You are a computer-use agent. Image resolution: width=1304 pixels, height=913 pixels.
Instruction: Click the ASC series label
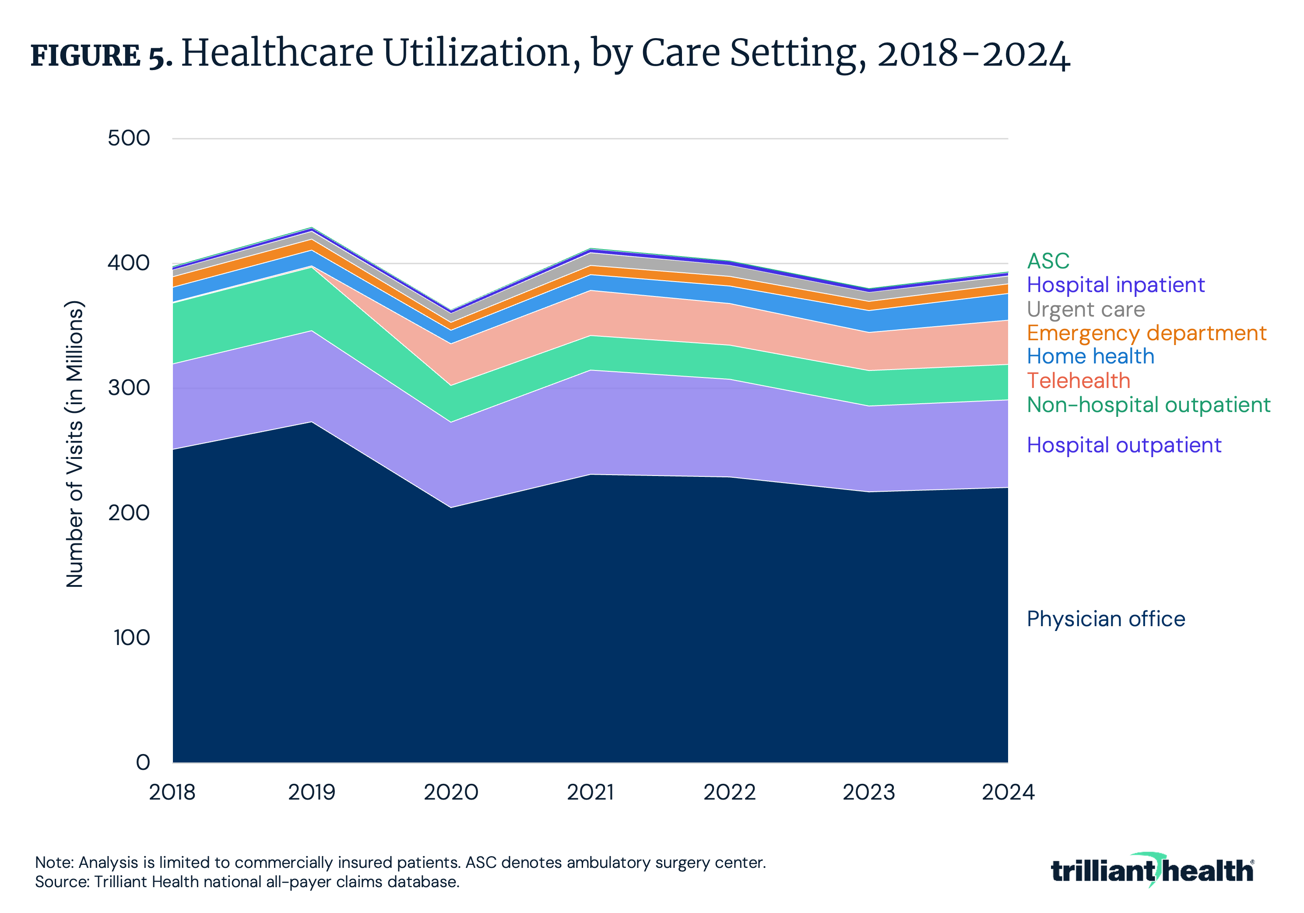coord(1048,261)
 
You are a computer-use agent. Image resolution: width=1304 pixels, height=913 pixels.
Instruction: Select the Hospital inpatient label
coord(1115,285)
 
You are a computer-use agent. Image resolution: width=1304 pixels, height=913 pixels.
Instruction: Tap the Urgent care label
coord(1085,310)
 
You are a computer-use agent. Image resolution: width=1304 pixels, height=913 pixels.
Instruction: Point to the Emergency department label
coord(1146,334)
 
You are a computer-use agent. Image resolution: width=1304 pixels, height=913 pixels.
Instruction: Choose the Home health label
coord(1090,357)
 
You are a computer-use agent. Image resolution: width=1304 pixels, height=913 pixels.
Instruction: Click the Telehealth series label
coord(1079,381)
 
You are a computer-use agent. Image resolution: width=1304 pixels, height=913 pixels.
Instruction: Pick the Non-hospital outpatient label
coord(1148,405)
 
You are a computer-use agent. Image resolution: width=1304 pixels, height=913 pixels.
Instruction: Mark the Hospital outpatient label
coord(1123,445)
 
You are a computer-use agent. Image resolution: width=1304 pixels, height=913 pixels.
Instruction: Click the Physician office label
coord(1106,619)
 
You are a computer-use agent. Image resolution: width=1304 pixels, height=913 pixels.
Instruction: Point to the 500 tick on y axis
coord(129,138)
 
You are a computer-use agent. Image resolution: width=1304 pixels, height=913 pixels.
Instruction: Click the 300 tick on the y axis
coord(129,388)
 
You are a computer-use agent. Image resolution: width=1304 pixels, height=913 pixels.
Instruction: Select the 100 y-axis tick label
coord(131,638)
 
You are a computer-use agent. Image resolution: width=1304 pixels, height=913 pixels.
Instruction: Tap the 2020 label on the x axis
coord(451,793)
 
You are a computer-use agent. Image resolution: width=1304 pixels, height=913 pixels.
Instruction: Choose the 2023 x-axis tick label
coord(868,793)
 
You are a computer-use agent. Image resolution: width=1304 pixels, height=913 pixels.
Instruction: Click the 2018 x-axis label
coord(172,793)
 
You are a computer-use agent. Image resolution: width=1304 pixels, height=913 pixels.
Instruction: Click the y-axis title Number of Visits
coord(75,444)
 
